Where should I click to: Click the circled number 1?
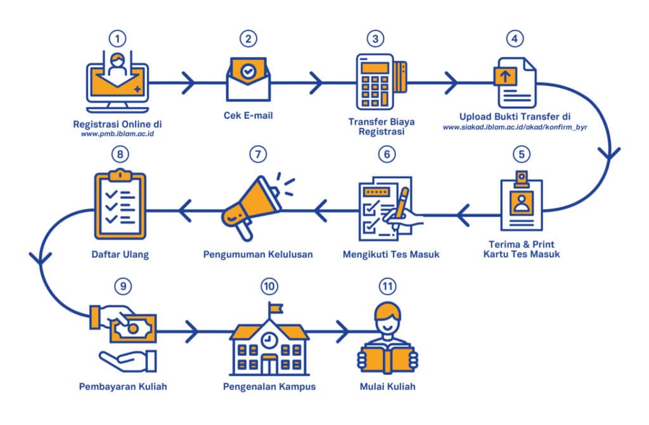[x=116, y=38]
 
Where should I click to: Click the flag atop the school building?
[x=274, y=307]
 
